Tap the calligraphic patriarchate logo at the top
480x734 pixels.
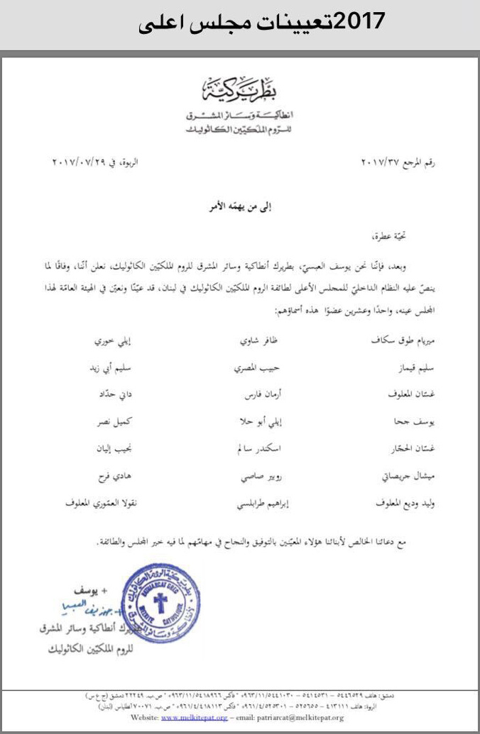click(242, 91)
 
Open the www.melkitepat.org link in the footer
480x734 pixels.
click(184, 717)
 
